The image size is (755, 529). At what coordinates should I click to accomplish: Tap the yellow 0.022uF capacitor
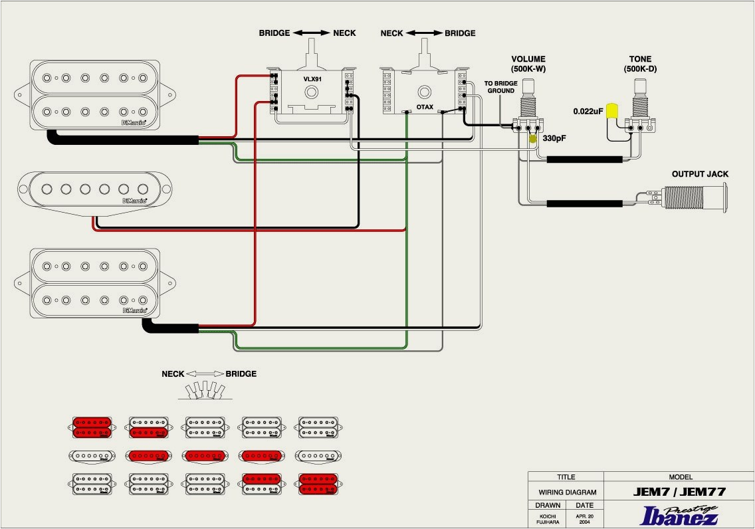click(612, 112)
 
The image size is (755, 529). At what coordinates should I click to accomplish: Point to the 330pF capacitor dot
click(533, 139)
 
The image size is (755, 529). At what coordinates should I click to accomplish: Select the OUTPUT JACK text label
click(700, 174)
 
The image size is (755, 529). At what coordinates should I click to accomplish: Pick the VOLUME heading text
click(529, 59)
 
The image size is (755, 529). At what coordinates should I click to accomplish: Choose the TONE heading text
click(641, 59)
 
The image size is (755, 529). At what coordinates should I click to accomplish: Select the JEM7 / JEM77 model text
click(679, 492)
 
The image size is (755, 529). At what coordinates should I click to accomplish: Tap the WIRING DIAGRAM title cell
click(566, 492)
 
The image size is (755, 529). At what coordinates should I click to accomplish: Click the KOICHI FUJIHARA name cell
click(548, 518)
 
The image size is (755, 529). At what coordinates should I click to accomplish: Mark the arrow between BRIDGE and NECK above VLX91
click(312, 33)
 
